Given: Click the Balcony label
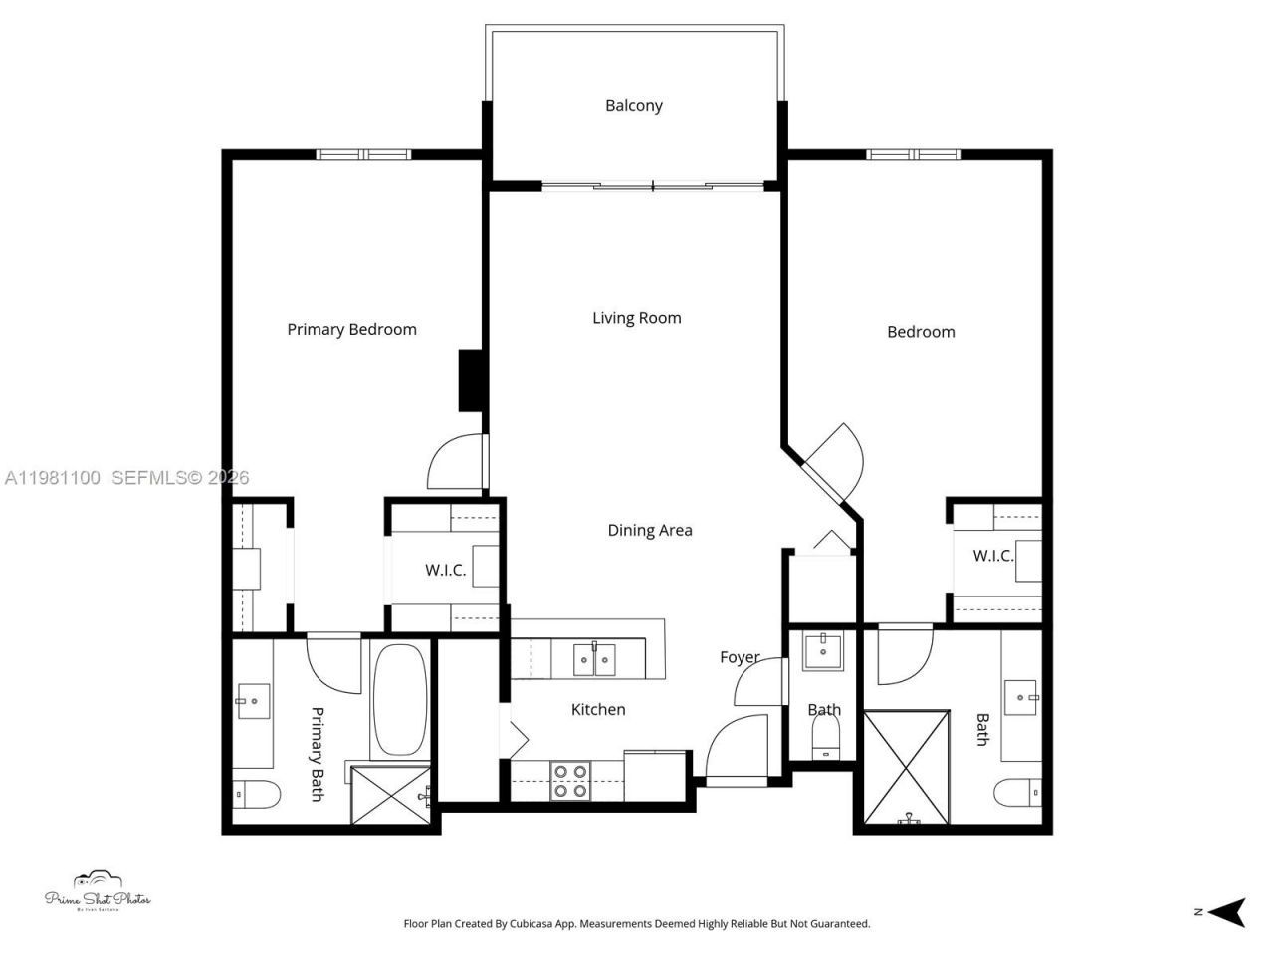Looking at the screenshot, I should pyautogui.click(x=633, y=105).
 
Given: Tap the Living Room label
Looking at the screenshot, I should pyautogui.click(x=636, y=318).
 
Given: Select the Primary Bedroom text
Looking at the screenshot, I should pyautogui.click(x=351, y=329).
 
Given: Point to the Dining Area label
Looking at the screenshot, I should pyautogui.click(x=649, y=530).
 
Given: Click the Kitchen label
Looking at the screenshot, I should pyautogui.click(x=598, y=709).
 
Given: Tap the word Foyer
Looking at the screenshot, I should pyautogui.click(x=740, y=657).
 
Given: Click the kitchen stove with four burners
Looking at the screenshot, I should pyautogui.click(x=570, y=780).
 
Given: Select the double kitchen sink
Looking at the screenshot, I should pyautogui.click(x=594, y=658).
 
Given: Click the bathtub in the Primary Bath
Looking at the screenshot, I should pyautogui.click(x=400, y=700).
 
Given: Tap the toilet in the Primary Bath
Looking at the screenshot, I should pyautogui.click(x=255, y=795).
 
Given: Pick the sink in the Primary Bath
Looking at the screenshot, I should pyautogui.click(x=253, y=701).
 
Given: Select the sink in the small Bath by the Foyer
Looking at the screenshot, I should pyautogui.click(x=823, y=651).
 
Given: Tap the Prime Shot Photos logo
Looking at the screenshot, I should pyautogui.click(x=98, y=892).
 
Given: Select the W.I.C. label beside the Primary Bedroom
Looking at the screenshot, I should pyautogui.click(x=445, y=570).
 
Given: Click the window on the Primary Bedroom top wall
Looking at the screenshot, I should pyautogui.click(x=363, y=154).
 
